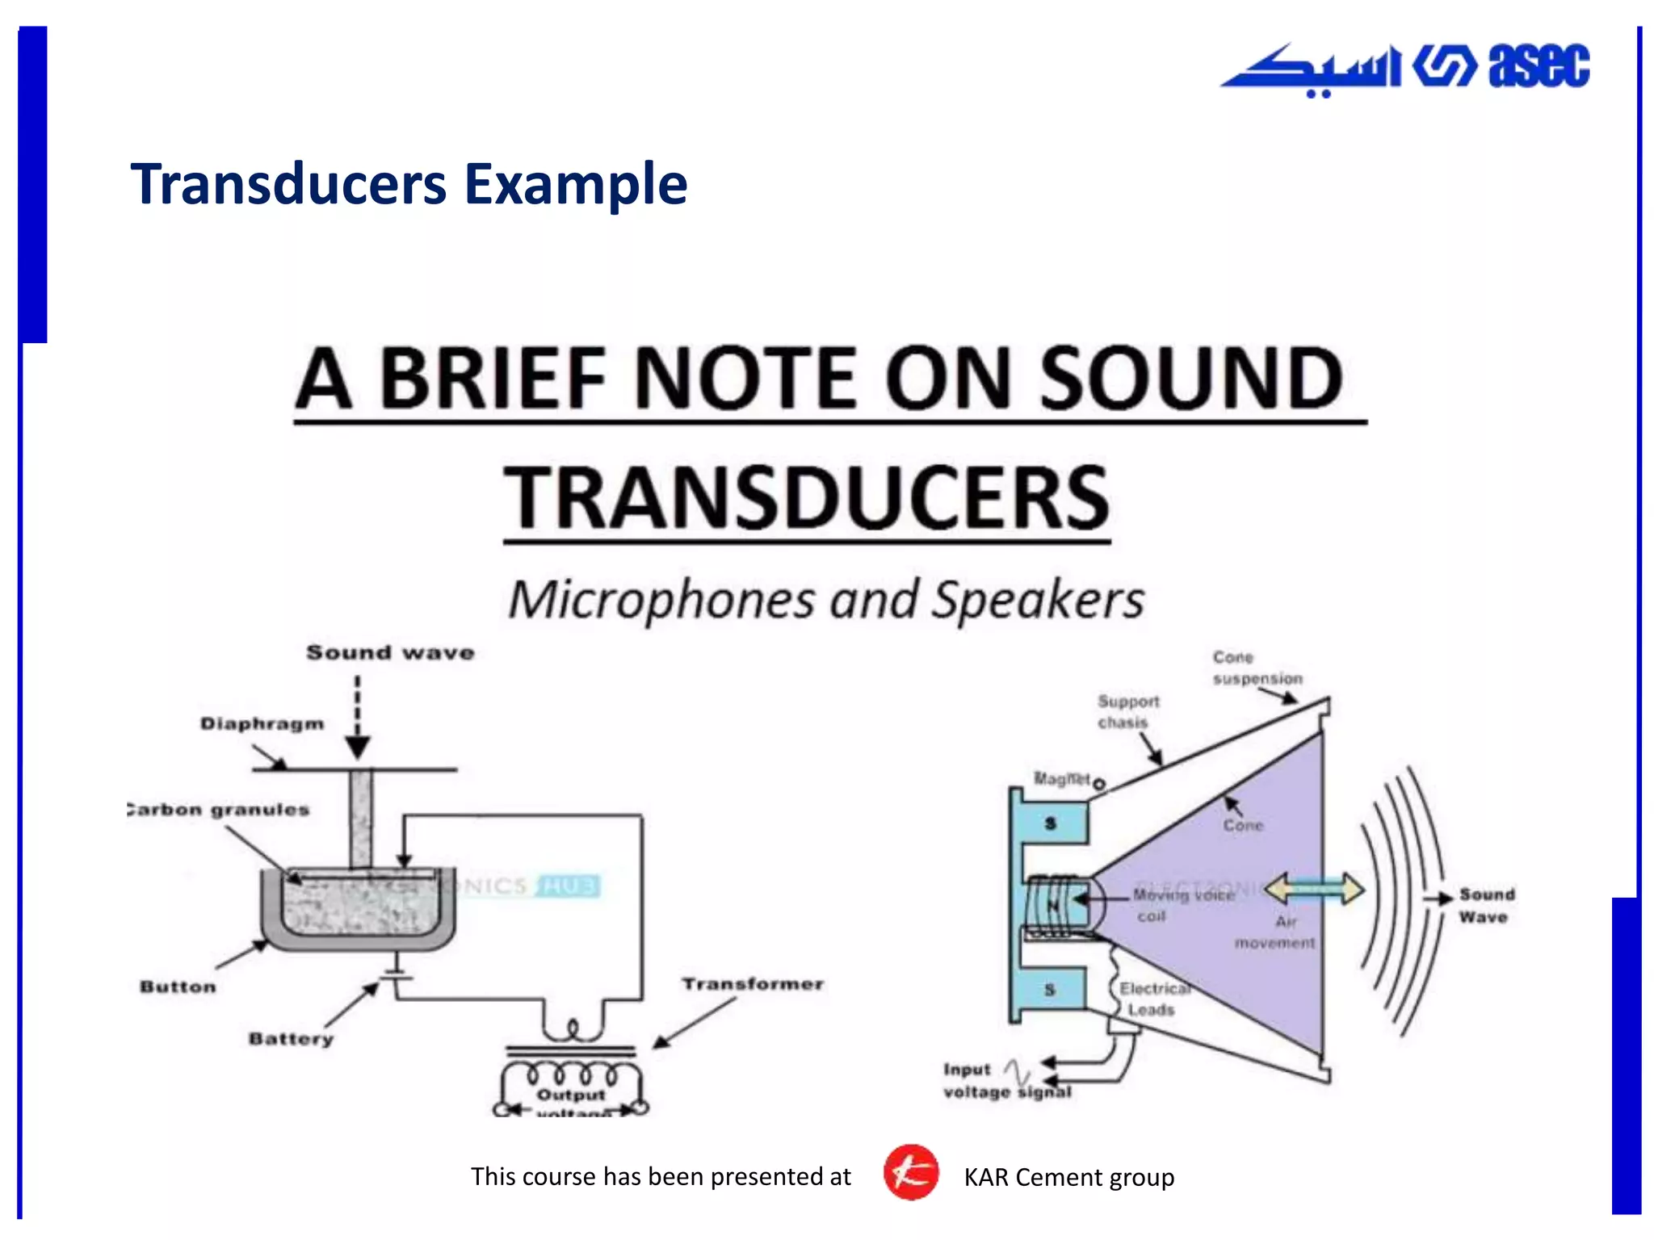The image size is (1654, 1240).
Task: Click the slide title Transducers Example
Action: [x=409, y=184]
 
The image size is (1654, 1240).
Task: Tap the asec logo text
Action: [x=1539, y=65]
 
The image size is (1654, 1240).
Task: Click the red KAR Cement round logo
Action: [x=910, y=1172]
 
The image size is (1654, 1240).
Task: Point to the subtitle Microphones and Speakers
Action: [x=826, y=601]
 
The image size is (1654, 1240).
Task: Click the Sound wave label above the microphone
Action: [x=390, y=652]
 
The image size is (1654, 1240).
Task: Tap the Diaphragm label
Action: [x=262, y=724]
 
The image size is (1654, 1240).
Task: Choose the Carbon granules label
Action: [x=220, y=810]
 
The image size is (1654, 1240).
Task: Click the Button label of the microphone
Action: [x=178, y=987]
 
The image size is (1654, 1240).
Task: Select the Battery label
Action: [x=291, y=1039]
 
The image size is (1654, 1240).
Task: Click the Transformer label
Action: [x=753, y=984]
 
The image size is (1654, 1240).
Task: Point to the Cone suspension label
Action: [x=1257, y=668]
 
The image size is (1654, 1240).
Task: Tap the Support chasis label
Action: [x=1127, y=711]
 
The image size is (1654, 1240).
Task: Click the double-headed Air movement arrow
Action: [x=1314, y=889]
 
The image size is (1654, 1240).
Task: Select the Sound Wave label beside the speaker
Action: [x=1486, y=905]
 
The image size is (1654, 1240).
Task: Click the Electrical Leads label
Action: [x=1152, y=999]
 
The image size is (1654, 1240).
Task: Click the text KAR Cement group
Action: [x=1068, y=1177]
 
